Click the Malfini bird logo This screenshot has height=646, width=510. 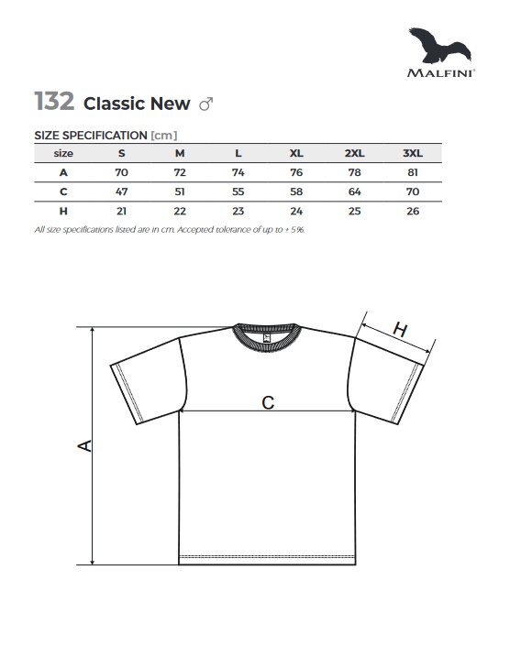tap(440, 46)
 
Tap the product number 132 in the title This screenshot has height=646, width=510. tap(54, 102)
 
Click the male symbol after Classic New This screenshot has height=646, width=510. tap(206, 104)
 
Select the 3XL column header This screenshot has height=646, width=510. tap(413, 153)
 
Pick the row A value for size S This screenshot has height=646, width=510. tap(121, 172)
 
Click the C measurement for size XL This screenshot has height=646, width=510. tap(296, 192)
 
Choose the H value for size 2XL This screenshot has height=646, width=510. tap(355, 211)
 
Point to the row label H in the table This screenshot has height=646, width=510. tap(63, 211)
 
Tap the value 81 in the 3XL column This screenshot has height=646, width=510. tap(413, 172)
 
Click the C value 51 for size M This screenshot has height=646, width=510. tap(180, 192)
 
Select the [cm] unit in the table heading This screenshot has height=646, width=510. tap(164, 136)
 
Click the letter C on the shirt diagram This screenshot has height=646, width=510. tap(268, 402)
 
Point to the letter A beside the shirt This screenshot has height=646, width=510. tap(85, 446)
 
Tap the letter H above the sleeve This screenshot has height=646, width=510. tap(400, 330)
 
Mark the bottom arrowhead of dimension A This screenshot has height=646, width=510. tap(93, 561)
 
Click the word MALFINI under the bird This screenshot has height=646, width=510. tap(440, 73)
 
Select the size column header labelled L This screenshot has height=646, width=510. tap(238, 153)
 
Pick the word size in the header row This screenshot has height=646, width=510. tap(63, 153)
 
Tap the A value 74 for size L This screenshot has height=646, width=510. tap(238, 172)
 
